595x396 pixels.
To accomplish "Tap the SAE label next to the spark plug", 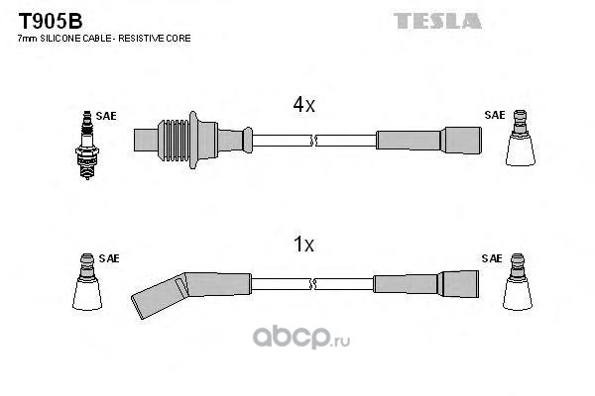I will pyautogui.click(x=106, y=116).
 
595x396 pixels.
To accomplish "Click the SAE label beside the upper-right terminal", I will pyautogui.click(x=494, y=115).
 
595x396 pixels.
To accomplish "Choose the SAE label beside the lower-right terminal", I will pyautogui.click(x=492, y=258).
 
